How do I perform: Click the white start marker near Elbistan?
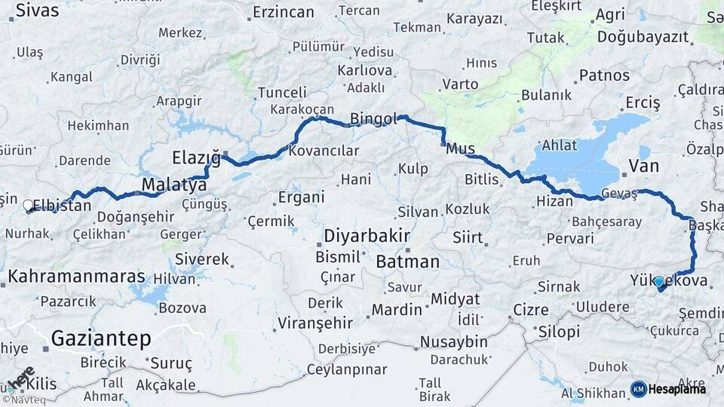pyautogui.click(x=28, y=204)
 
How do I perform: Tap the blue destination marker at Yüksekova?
pyautogui.click(x=659, y=282)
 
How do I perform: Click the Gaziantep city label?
pyautogui.click(x=101, y=338)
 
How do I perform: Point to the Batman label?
pyautogui.click(x=407, y=262)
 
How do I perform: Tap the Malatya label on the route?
pyautogui.click(x=174, y=186)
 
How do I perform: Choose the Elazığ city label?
pyautogui.click(x=196, y=158)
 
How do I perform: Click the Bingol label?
pyautogui.click(x=373, y=119)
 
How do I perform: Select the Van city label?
pyautogui.click(x=643, y=166)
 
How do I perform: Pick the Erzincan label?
pyautogui.click(x=284, y=12)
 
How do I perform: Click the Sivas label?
pyautogui.click(x=37, y=11)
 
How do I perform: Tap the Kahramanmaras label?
pyautogui.click(x=76, y=277)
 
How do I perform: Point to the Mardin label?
pyautogui.click(x=397, y=309)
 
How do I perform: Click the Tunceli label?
pyautogui.click(x=283, y=92)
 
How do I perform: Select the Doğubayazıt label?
pyautogui.click(x=643, y=36)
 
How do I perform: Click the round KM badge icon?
pyautogui.click(x=639, y=389)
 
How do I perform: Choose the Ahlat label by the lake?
pyautogui.click(x=560, y=145)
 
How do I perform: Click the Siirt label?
pyautogui.click(x=468, y=237)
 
